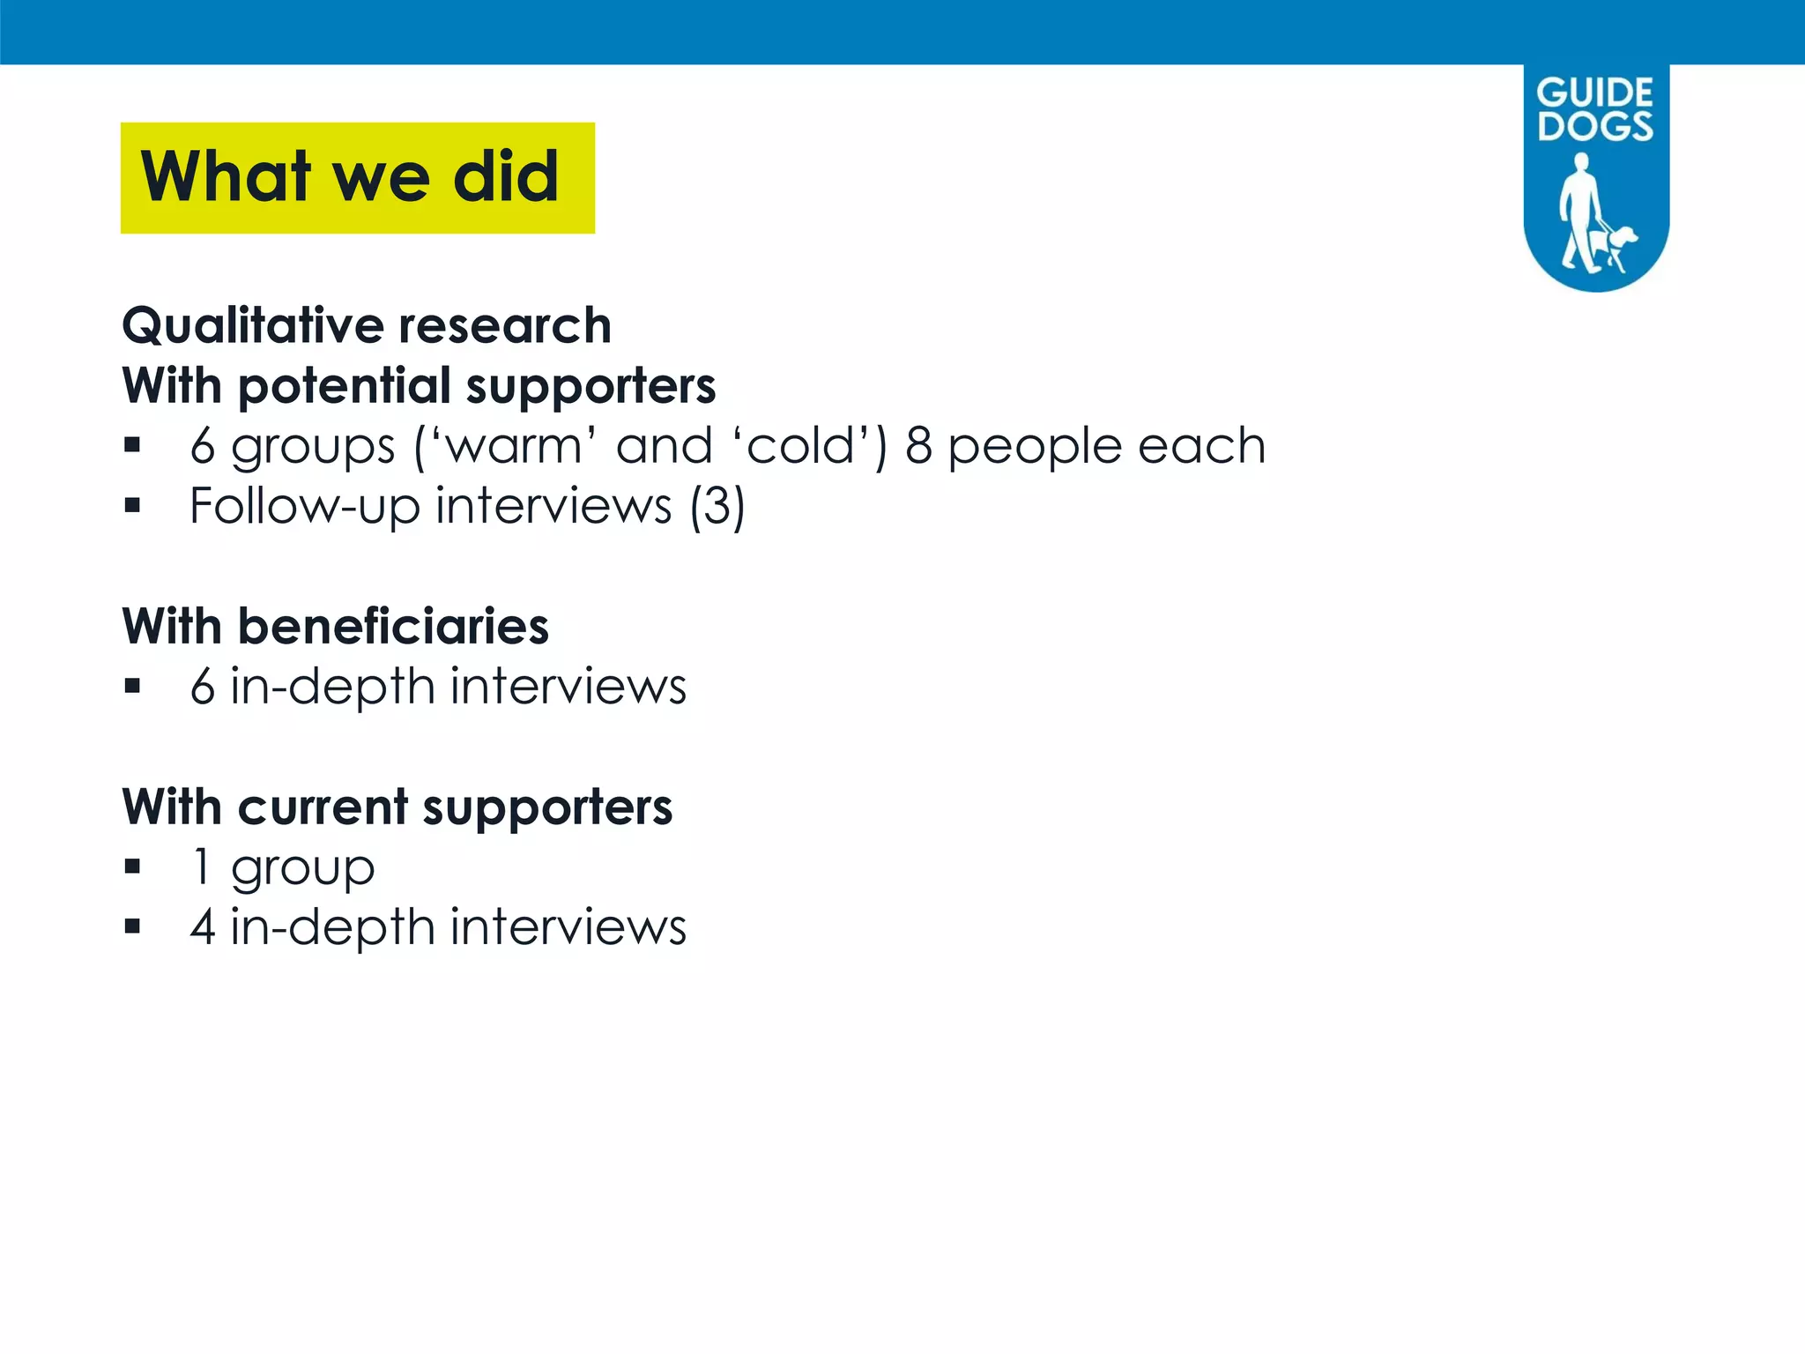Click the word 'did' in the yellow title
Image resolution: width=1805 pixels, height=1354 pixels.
(x=506, y=176)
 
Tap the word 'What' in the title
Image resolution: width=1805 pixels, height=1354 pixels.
(x=226, y=176)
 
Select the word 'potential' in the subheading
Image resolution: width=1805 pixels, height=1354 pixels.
(x=345, y=386)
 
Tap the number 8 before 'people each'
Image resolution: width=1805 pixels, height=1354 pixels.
(x=918, y=446)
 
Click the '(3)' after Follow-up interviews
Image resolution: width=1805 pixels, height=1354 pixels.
(x=717, y=506)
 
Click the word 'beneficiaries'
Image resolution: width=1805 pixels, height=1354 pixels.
(x=393, y=627)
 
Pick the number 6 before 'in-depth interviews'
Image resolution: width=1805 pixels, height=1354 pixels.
(x=203, y=687)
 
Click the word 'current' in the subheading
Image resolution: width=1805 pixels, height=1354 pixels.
(x=323, y=807)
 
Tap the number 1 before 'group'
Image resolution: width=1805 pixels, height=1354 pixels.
(x=202, y=867)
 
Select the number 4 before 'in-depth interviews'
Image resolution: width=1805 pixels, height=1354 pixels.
(x=203, y=927)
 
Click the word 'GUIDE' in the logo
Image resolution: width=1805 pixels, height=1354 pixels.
(x=1595, y=93)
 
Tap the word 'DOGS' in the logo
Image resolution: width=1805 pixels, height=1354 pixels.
(x=1595, y=126)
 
